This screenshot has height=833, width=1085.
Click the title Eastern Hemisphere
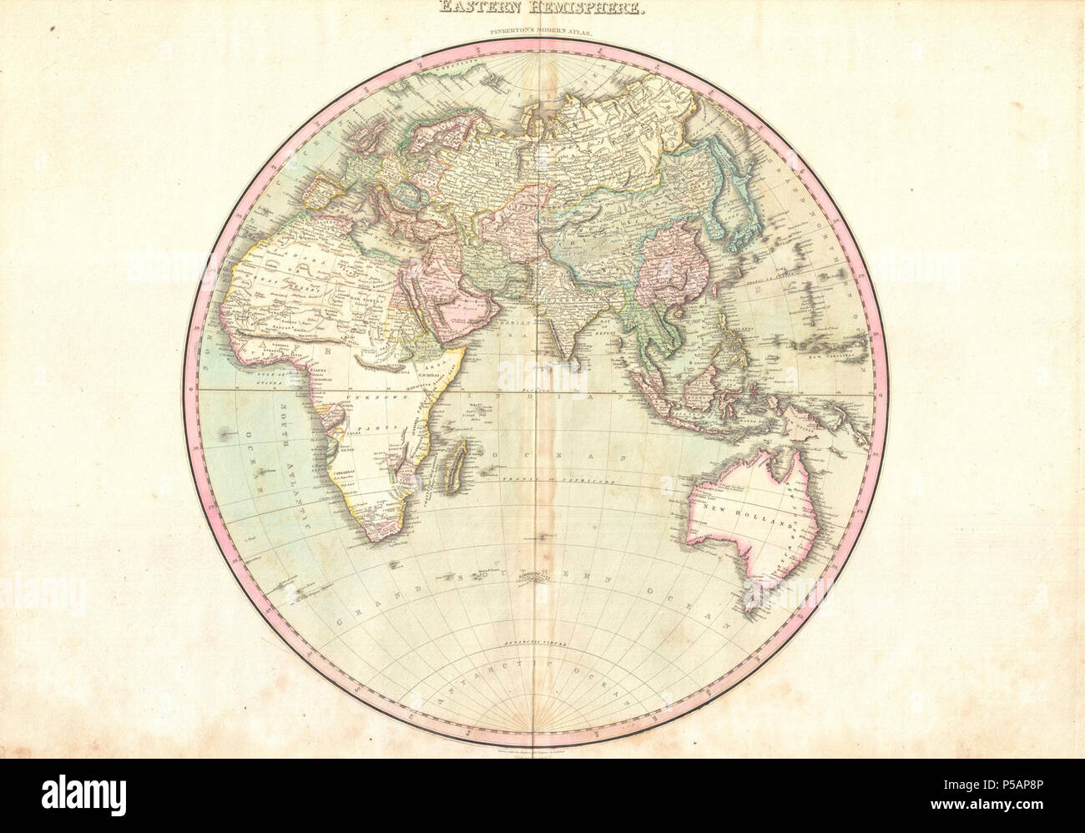pyautogui.click(x=542, y=9)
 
